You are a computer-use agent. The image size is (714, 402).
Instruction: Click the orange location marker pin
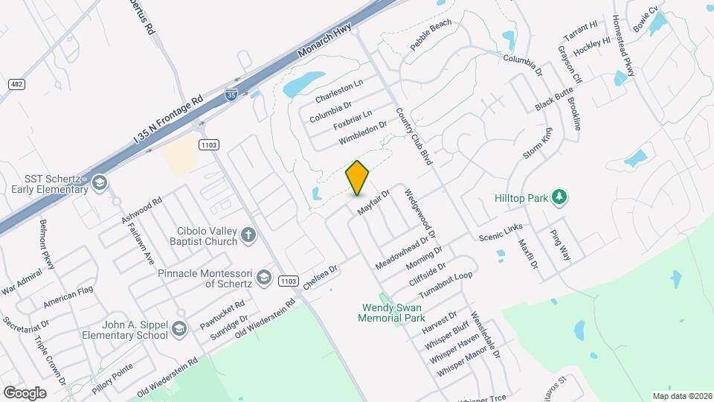[x=358, y=178]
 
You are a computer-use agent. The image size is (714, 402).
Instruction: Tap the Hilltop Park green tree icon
[x=559, y=197]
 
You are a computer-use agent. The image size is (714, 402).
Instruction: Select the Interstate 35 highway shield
[x=231, y=95]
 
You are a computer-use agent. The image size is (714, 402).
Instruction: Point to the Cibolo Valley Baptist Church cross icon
[x=248, y=236]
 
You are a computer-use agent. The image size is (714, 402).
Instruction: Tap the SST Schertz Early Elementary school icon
[x=99, y=183]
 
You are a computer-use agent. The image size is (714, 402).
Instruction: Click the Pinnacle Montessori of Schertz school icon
[x=263, y=278]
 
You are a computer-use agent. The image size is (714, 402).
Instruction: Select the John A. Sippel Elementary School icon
[x=178, y=329]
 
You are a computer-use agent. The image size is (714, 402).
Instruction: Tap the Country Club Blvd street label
[x=414, y=136]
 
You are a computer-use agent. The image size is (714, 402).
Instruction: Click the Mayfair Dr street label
[x=373, y=202]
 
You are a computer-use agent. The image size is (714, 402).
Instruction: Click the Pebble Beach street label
[x=431, y=35]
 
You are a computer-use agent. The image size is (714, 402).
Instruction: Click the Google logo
[x=25, y=392]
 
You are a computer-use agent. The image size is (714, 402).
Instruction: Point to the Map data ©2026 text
[x=681, y=396]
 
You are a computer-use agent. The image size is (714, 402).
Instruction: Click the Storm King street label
[x=538, y=143]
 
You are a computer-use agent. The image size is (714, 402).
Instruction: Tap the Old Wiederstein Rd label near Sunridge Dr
[x=266, y=316]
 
